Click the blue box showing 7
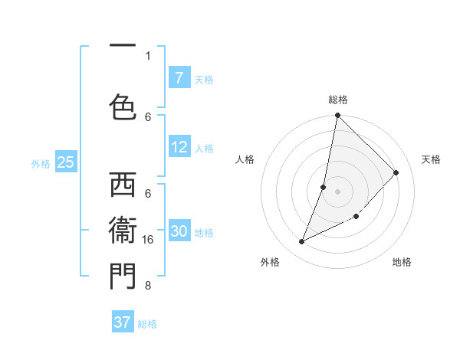tap(179, 78)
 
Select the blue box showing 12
tap(179, 147)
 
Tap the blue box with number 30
tap(179, 231)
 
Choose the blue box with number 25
tap(65, 162)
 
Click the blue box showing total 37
tap(122, 322)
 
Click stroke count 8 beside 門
tap(148, 286)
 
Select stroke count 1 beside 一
tap(148, 55)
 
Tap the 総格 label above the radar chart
tap(338, 100)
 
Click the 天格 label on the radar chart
tap(431, 159)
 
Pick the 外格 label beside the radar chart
tap(270, 262)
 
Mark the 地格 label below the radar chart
tap(402, 262)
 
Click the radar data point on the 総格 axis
tap(337, 116)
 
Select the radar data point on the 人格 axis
tap(324, 187)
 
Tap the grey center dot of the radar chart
tap(337, 191)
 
